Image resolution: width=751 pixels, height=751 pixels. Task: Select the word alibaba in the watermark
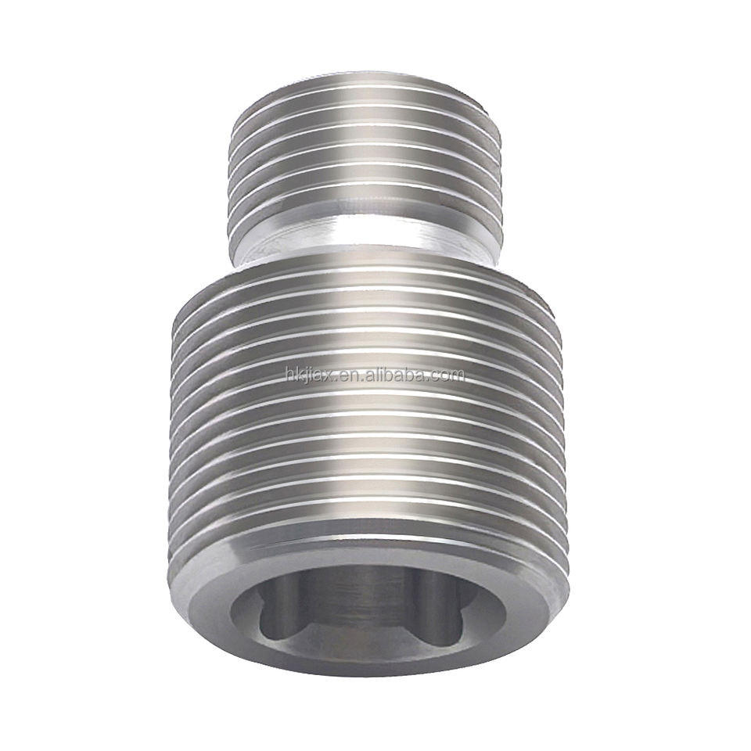pyautogui.click(x=395, y=375)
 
